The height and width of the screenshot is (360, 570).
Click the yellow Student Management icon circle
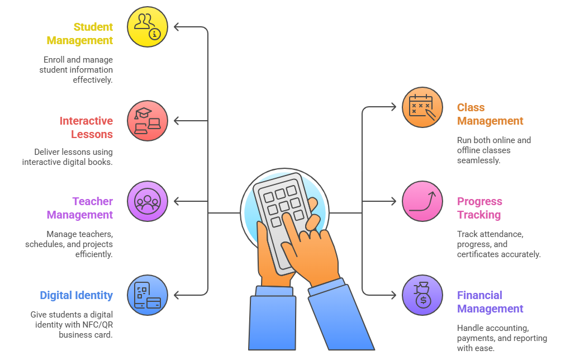[x=148, y=26]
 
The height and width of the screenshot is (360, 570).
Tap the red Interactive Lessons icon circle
[x=148, y=121]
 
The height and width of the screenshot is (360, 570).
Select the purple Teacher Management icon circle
[x=148, y=201]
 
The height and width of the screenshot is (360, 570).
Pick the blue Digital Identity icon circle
[x=148, y=295]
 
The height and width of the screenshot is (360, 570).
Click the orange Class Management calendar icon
[x=422, y=107]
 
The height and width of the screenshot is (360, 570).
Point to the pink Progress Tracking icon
[x=422, y=201]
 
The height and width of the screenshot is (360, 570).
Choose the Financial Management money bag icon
[x=422, y=295]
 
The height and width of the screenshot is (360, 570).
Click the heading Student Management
[x=80, y=34]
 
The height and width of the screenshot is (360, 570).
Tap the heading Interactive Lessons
[x=86, y=127]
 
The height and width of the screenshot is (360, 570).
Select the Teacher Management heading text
[x=80, y=208]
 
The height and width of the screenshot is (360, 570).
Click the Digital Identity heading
[x=76, y=295]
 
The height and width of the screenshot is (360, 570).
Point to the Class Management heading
[x=490, y=114]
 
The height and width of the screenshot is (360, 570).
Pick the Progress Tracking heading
[x=479, y=208]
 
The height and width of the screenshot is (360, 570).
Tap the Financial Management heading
[x=490, y=302]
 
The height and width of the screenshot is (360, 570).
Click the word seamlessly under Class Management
[x=478, y=160]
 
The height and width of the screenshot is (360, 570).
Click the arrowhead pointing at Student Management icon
[x=176, y=26]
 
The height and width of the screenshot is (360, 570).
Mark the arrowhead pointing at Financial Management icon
[x=395, y=295]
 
